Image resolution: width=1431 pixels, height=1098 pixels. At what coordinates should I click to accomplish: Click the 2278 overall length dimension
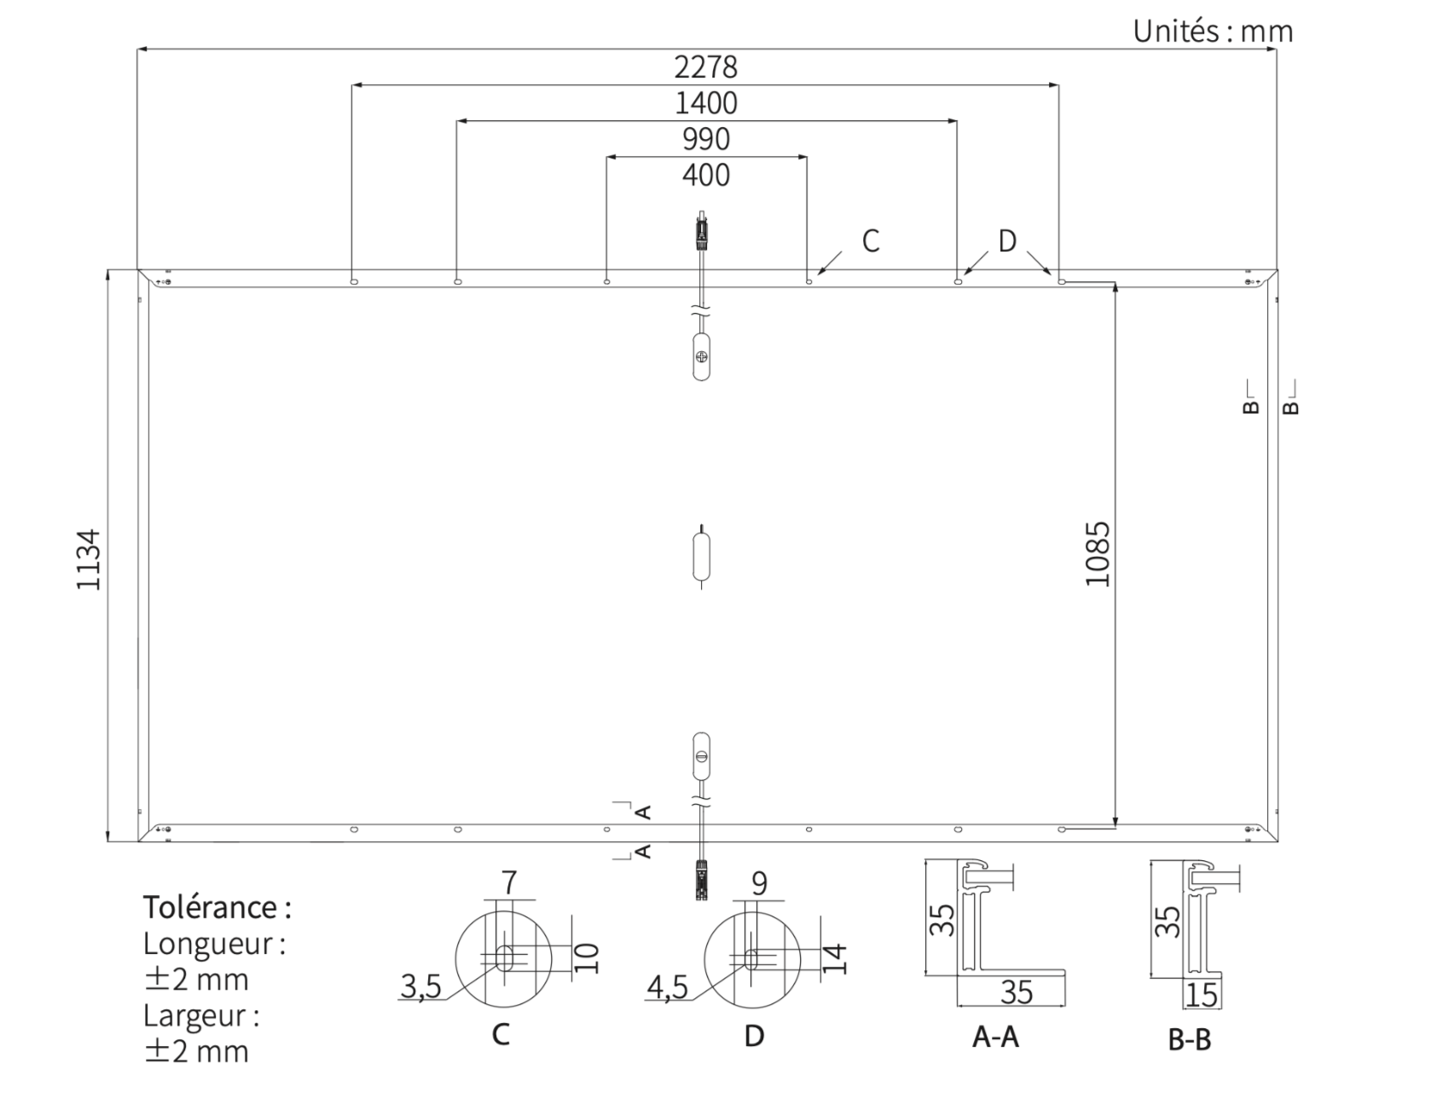(705, 66)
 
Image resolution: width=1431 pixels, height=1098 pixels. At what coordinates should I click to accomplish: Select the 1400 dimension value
(705, 103)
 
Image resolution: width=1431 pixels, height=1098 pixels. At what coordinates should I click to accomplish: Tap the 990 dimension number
(705, 139)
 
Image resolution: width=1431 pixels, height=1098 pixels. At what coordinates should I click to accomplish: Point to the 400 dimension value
(705, 175)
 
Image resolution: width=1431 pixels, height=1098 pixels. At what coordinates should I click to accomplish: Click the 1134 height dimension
(89, 559)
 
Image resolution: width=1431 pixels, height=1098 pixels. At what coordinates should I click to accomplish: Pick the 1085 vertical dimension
(1098, 553)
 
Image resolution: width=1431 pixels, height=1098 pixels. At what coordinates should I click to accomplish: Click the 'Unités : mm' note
(1213, 32)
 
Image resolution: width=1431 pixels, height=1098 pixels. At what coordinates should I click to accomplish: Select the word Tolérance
(209, 907)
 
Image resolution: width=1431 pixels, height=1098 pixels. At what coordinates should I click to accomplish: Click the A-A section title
(995, 1037)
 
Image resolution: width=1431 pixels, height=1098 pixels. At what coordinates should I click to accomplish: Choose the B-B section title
(1190, 1040)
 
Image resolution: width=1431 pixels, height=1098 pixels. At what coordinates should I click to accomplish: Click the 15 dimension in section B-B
(1202, 995)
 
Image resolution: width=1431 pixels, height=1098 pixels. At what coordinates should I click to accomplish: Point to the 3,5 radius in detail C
(420, 987)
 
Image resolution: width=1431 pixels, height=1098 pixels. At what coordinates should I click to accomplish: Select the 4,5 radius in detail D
(667, 987)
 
